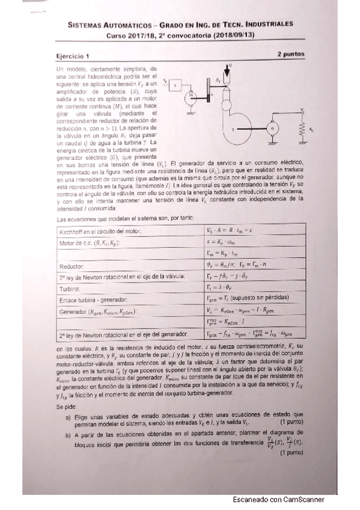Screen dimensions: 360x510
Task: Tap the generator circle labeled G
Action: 273,127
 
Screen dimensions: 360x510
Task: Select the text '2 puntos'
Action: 291,54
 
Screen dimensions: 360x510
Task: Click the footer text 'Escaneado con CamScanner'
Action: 278,500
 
